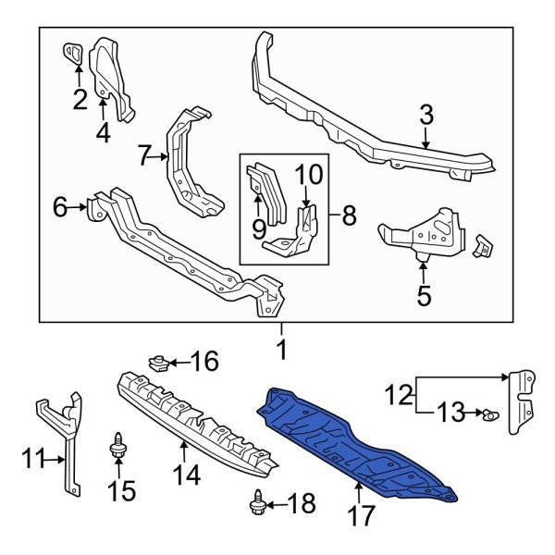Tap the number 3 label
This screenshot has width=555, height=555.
425,116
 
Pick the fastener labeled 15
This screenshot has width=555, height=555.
118,449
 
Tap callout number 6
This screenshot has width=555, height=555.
60,209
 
